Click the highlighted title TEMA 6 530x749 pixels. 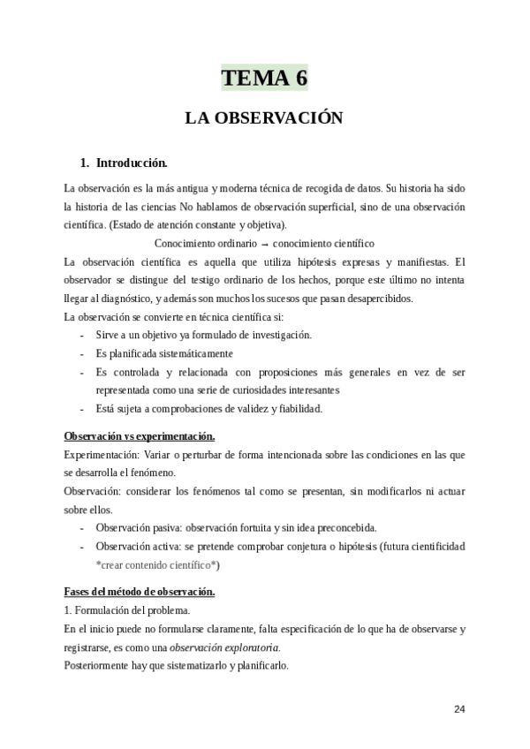pyautogui.click(x=264, y=78)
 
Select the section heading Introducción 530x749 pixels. pyautogui.click(x=132, y=163)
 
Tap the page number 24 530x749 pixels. pyautogui.click(x=458, y=708)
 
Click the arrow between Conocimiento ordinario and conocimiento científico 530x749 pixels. pyautogui.click(x=265, y=243)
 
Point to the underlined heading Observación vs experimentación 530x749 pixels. pyautogui.click(x=140, y=436)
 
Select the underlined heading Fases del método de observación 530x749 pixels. pyautogui.click(x=140, y=591)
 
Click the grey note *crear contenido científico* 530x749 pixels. pyautogui.click(x=158, y=564)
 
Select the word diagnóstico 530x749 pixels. pyautogui.click(x=132, y=299)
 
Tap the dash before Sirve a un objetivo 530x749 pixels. pyautogui.click(x=82, y=335)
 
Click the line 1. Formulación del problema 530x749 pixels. pyautogui.click(x=127, y=609)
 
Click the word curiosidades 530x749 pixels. pyautogui.click(x=234, y=390)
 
